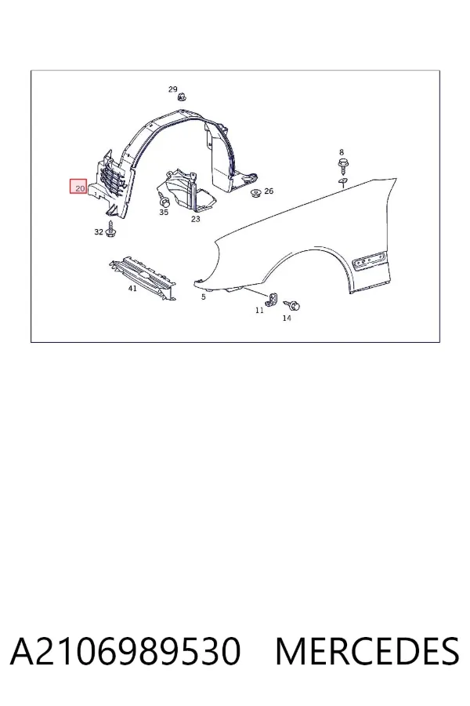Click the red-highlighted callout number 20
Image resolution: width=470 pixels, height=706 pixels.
click(80, 187)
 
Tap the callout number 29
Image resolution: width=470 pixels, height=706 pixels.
click(172, 89)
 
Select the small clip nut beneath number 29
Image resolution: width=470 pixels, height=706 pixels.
click(182, 96)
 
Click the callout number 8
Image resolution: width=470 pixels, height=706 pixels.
click(342, 152)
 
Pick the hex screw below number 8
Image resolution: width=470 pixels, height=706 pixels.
click(343, 166)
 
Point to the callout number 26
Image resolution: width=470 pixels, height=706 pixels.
click(269, 191)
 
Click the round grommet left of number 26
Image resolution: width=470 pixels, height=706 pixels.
click(256, 193)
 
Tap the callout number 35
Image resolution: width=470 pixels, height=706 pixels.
click(163, 212)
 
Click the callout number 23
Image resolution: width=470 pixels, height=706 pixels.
click(195, 219)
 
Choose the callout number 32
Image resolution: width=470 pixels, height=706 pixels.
click(99, 232)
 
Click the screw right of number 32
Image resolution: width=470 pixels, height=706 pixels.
click(110, 229)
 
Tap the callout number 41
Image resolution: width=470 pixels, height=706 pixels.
click(132, 288)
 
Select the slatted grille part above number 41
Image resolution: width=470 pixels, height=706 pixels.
click(143, 278)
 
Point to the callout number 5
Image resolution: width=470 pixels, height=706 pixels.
click(204, 297)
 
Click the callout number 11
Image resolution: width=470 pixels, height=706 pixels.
click(259, 310)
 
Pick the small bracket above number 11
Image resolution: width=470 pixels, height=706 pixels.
click(272, 300)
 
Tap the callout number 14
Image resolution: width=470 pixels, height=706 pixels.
click(287, 318)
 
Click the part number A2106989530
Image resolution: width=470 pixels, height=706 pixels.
click(125, 651)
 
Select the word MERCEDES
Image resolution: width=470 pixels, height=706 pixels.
click(367, 651)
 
